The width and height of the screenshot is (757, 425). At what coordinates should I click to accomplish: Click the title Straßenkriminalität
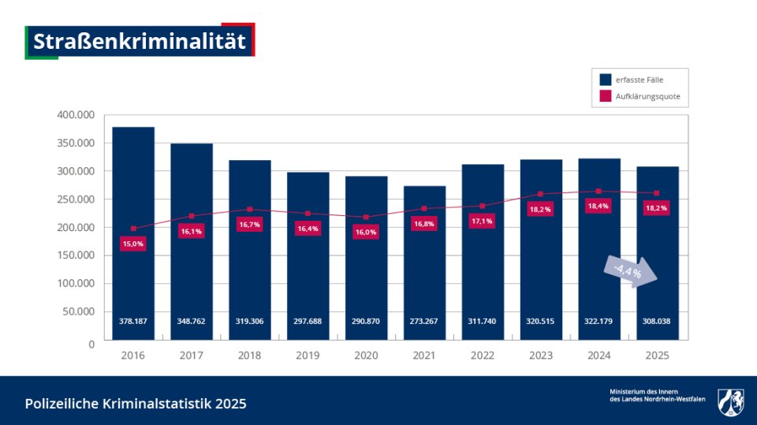click(140, 41)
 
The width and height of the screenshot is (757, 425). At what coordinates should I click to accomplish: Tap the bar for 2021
click(424, 268)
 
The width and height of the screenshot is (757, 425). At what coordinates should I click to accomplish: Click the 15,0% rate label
click(133, 244)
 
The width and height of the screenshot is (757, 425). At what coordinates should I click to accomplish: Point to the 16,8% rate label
click(424, 224)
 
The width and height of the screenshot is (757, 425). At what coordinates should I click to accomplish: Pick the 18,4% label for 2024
click(599, 207)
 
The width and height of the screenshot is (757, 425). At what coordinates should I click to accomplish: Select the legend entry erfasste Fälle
click(639, 80)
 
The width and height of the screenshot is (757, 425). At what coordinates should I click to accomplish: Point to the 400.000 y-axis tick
click(76, 115)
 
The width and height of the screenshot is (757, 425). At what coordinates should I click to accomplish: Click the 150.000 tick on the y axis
click(76, 255)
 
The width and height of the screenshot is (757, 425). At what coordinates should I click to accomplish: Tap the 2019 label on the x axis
click(308, 356)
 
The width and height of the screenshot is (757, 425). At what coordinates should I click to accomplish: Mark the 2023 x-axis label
click(540, 356)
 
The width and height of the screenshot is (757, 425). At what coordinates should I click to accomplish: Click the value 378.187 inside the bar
click(133, 322)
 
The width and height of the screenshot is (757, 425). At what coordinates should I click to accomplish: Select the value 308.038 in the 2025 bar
click(657, 322)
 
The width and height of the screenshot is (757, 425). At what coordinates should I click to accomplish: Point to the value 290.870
click(366, 322)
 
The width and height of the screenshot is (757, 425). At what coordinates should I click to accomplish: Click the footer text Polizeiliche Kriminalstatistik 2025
click(136, 404)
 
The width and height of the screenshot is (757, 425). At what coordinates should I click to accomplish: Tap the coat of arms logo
click(730, 401)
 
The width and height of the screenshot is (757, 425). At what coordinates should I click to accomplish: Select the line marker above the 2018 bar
click(250, 210)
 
